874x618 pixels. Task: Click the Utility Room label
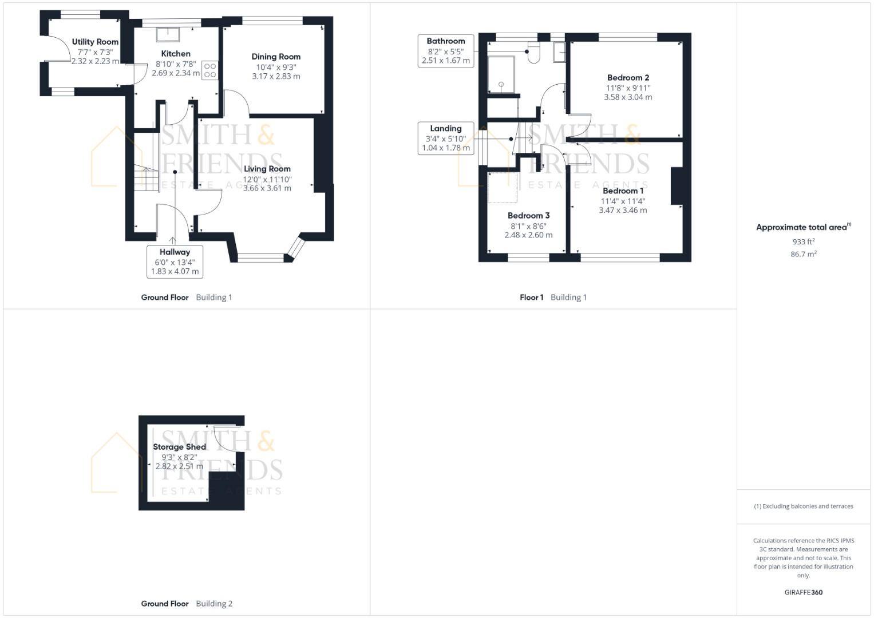95,42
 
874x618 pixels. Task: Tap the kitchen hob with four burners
210,70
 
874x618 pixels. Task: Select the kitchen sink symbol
168,34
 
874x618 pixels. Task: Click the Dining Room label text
276,57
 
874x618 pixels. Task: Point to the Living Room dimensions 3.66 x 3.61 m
267,188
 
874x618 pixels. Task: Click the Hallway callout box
175,262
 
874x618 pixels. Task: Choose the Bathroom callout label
445,50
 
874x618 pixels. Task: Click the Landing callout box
445,138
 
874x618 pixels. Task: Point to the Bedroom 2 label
628,78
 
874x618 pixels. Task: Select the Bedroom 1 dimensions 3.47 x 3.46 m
623,211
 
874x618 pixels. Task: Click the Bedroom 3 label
528,216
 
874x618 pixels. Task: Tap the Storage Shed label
179,447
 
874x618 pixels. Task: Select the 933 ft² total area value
803,242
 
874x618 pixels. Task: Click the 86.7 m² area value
803,254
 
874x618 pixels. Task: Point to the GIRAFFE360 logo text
803,592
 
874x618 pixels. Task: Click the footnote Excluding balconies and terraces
803,506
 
